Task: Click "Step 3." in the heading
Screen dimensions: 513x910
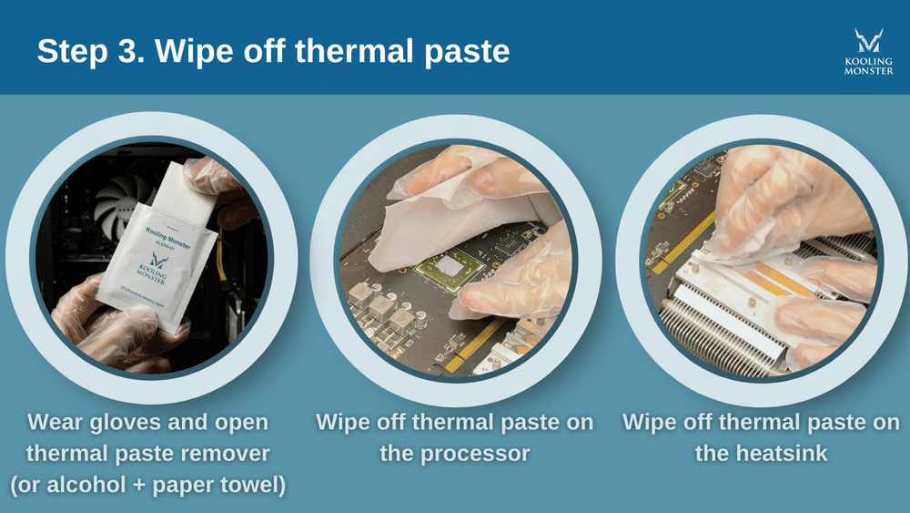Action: click(89, 51)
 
